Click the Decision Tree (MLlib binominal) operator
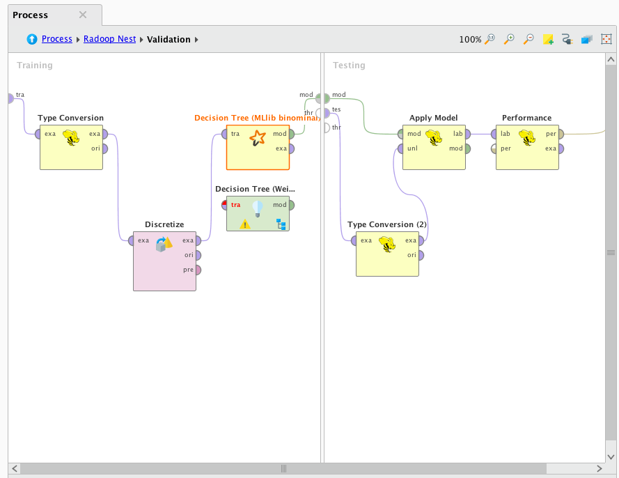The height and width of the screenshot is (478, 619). click(x=257, y=147)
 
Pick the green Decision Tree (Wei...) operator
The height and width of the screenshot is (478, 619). click(x=257, y=213)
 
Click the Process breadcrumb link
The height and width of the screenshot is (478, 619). click(x=57, y=39)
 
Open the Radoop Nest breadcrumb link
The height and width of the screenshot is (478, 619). click(x=109, y=39)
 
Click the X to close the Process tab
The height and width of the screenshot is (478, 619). click(x=83, y=15)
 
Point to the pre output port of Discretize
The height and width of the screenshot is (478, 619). click(x=198, y=270)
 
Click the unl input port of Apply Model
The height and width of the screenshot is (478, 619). click(x=401, y=148)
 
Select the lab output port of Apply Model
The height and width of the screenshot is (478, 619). click(x=467, y=134)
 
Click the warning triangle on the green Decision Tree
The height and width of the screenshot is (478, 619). click(x=245, y=224)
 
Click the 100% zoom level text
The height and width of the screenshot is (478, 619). click(x=470, y=40)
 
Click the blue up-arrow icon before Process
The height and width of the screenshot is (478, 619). click(x=32, y=39)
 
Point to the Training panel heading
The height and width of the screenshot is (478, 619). click(x=35, y=65)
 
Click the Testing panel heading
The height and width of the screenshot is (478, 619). click(x=349, y=65)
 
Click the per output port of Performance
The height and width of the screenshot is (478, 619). click(x=561, y=134)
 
